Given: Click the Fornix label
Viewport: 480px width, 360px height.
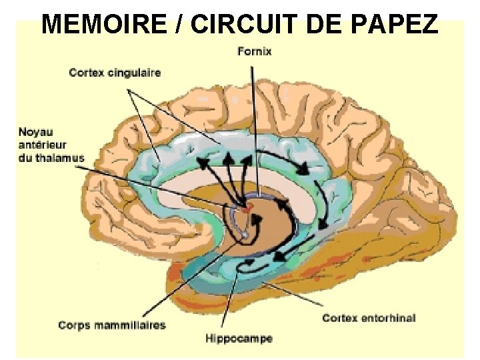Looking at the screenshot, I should (x=254, y=51).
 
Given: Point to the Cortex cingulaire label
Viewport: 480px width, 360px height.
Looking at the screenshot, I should (x=115, y=72).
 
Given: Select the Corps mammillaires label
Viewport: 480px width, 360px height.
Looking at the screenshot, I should (x=111, y=325).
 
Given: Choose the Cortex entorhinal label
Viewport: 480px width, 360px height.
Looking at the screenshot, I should (x=369, y=317).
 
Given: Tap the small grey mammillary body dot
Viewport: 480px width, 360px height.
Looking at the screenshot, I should (x=245, y=235).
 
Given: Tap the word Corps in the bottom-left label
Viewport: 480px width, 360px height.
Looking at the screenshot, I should (x=71, y=325).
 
